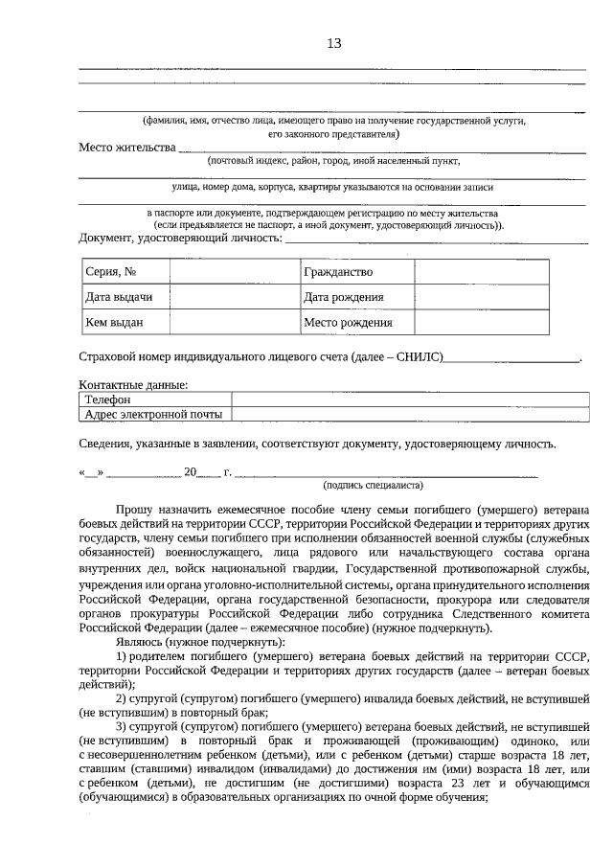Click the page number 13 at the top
pyautogui.click(x=334, y=43)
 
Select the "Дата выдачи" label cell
pyautogui.click(x=119, y=297)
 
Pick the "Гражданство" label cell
pyautogui.click(x=338, y=273)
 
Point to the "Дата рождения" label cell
pyautogui.click(x=344, y=297)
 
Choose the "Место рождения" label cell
pyautogui.click(x=348, y=322)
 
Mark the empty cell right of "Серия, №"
pyautogui.click(x=235, y=273)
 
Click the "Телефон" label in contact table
pyautogui.click(x=106, y=399)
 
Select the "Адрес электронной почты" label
pyautogui.click(x=153, y=415)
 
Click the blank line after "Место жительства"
pyautogui.click(x=383, y=150)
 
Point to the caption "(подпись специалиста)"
pyautogui.click(x=374, y=486)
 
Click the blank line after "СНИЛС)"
pyautogui.click(x=512, y=359)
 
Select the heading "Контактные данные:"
pyautogui.click(x=133, y=385)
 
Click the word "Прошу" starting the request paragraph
pyautogui.click(x=132, y=513)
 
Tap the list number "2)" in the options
pyautogui.click(x=123, y=699)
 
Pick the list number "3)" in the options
pyautogui.click(x=123, y=729)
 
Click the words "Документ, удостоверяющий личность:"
pyautogui.click(x=181, y=238)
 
